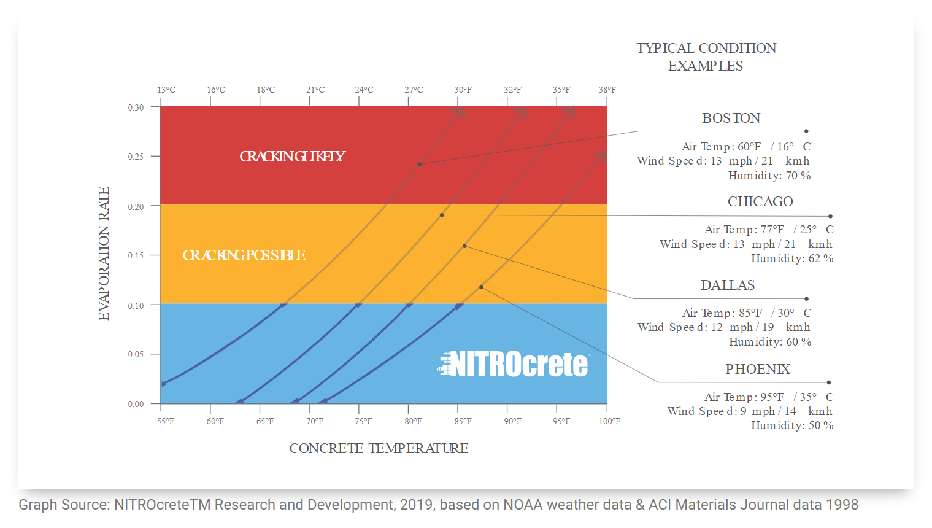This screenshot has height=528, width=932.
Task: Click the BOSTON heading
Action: (731, 118)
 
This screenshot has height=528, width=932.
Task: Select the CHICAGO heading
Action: (760, 201)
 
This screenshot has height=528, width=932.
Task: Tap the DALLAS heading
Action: (728, 285)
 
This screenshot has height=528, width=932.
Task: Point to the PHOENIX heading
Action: (758, 369)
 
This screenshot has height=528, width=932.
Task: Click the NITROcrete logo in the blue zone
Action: (514, 364)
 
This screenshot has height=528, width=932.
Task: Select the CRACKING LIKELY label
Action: (292, 157)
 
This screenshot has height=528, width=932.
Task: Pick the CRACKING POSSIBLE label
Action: (244, 255)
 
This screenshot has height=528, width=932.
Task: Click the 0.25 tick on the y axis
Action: (136, 157)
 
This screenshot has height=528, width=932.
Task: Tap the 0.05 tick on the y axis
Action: (136, 354)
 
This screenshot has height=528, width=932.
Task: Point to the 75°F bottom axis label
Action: (363, 421)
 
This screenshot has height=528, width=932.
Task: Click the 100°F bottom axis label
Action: (609, 421)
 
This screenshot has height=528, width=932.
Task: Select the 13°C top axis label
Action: (166, 90)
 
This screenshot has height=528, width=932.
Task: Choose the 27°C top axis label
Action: (414, 90)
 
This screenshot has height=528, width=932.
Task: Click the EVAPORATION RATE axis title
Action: (104, 254)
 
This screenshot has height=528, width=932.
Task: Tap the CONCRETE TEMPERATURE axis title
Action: (379, 448)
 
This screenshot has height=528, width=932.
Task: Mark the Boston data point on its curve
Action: (420, 165)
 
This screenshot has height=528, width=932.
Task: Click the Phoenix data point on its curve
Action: (481, 287)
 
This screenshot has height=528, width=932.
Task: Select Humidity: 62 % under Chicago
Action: (791, 258)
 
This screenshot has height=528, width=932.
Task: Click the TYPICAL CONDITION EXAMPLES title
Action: (706, 56)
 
